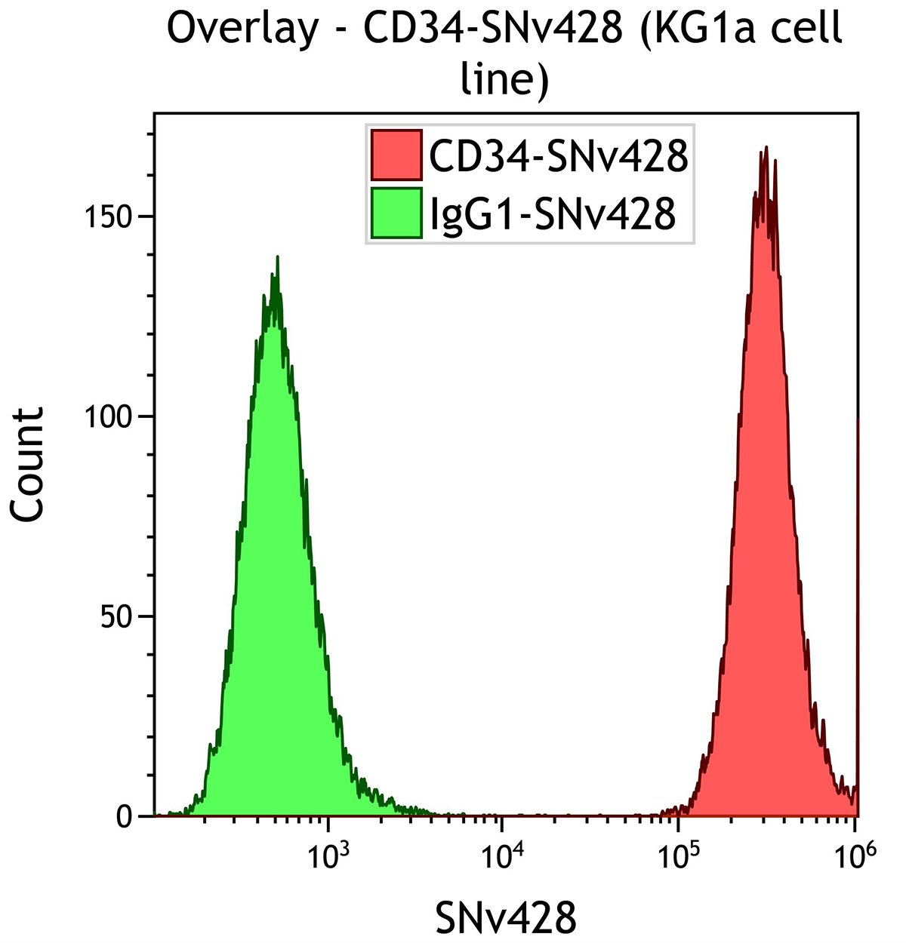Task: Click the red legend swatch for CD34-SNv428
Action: (396, 155)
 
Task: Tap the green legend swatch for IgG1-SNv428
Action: (396, 213)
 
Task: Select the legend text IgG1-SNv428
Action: (551, 213)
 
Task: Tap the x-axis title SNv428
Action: (505, 918)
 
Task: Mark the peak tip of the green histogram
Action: (278, 257)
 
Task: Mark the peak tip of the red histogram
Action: (766, 148)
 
